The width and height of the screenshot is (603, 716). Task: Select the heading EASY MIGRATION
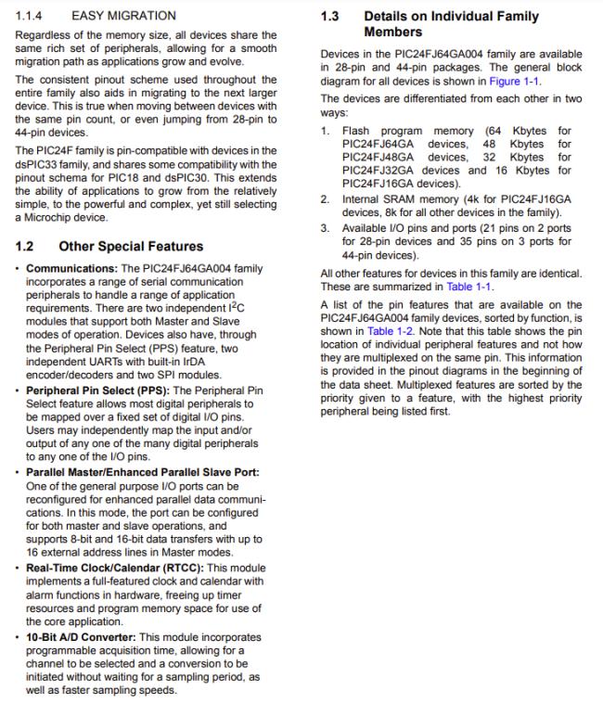[x=122, y=16]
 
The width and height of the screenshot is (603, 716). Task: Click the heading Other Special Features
[x=131, y=247]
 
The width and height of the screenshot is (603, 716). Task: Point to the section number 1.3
[x=330, y=16]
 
